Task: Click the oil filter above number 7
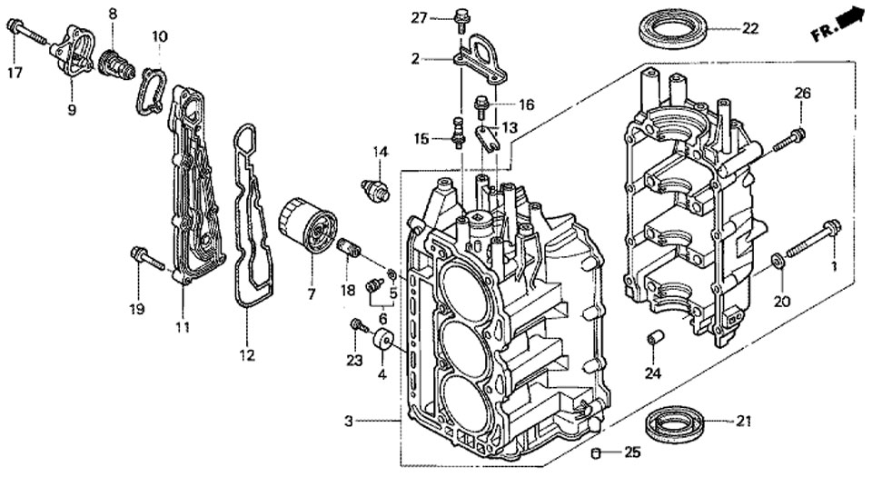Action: (x=307, y=226)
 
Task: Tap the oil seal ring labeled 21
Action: (x=677, y=422)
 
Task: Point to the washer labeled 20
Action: (x=778, y=263)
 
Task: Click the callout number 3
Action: (x=348, y=421)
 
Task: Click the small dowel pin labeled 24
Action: (x=651, y=339)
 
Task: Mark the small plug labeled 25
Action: (x=596, y=452)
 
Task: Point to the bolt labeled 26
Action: (x=789, y=140)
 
